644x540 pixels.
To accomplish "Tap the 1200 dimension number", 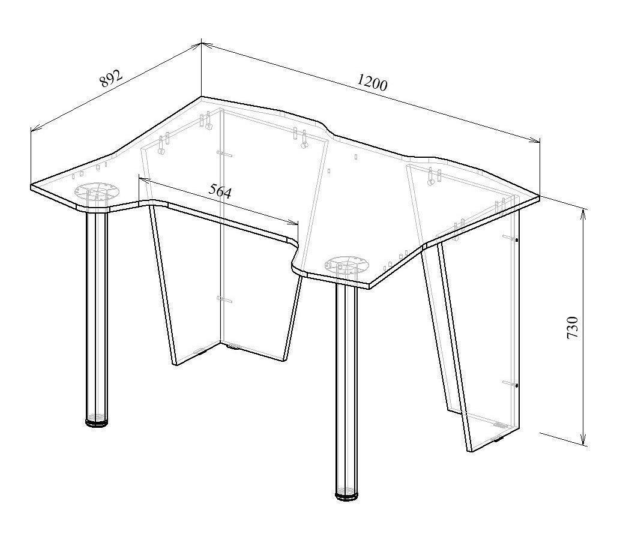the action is [x=372, y=82].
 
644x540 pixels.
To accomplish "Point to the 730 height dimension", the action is [x=573, y=327].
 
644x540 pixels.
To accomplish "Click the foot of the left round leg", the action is [x=97, y=422].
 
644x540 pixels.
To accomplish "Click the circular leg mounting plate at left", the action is [x=97, y=191].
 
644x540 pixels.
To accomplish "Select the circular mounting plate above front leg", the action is [x=348, y=265].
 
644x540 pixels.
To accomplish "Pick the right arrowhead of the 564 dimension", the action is [x=293, y=223].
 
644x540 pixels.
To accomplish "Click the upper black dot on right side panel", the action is [x=517, y=240].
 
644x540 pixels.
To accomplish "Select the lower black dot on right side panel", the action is [x=517, y=385].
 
